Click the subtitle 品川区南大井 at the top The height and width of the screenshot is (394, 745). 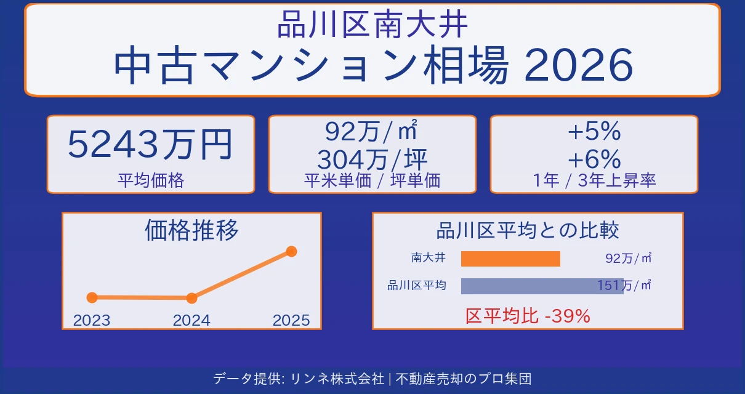click(372, 25)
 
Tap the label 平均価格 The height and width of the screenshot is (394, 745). click(150, 180)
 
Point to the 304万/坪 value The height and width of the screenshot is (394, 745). click(372, 160)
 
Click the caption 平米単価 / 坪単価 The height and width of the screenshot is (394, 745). click(372, 180)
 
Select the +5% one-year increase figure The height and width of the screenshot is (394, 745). click(594, 132)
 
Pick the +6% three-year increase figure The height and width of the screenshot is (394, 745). click(594, 160)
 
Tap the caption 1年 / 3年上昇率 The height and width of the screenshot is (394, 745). click(594, 180)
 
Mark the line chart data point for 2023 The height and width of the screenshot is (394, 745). click(92, 297)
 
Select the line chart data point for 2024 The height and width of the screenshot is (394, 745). click(191, 298)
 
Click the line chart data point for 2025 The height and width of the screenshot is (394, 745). click(291, 251)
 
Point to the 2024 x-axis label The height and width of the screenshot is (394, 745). click(191, 320)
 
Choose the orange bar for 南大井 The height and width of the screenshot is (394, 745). click(510, 259)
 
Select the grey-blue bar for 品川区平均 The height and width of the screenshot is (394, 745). click(542, 286)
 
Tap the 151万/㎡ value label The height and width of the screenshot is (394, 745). click(624, 285)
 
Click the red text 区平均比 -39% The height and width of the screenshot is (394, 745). click(528, 316)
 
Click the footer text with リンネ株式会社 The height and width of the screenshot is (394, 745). click(372, 379)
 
